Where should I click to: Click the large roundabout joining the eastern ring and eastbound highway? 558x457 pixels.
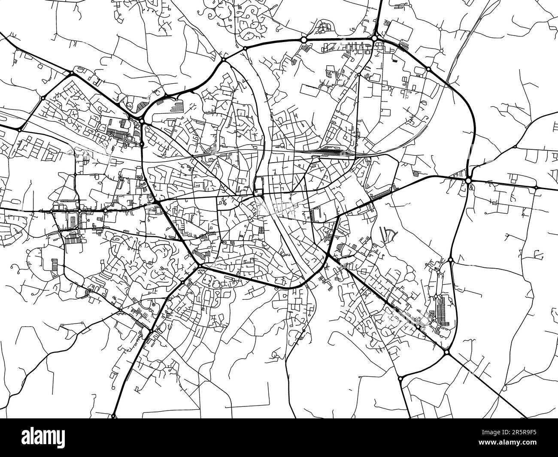[469, 181]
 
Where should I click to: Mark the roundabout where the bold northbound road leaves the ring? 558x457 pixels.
[375, 39]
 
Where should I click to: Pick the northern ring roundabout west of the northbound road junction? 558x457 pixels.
[303, 39]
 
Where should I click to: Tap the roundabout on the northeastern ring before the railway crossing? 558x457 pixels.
[428, 69]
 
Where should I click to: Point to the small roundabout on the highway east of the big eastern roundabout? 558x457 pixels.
[536, 188]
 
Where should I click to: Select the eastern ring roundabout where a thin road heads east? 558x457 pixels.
[450, 260]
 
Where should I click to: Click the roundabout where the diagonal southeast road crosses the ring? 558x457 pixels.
[446, 352]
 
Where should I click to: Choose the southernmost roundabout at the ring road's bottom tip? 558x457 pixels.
[400, 379]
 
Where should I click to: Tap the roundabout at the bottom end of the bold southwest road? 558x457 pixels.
[114, 416]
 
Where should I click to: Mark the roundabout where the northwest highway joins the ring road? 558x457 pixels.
[71, 75]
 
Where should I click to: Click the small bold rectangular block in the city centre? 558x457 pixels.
[259, 185]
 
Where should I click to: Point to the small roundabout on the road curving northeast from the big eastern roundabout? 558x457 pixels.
[515, 146]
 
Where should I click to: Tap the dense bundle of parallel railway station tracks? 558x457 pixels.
[331, 151]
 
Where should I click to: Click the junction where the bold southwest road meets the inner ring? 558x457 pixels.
[200, 266]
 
